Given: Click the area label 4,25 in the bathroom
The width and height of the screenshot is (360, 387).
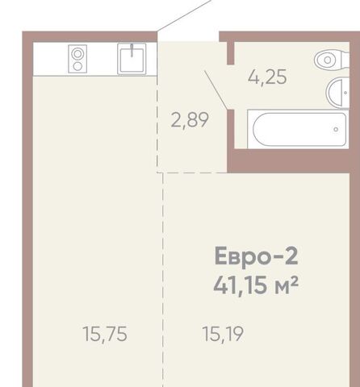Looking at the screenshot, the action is point(267,77).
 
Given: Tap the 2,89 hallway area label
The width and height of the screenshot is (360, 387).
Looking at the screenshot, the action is point(190,120).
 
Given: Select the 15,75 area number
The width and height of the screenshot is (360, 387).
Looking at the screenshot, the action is point(105,335).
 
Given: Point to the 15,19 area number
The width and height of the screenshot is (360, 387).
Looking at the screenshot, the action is point(223,334).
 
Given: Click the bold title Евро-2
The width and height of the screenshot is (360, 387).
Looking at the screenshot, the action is point(256,256).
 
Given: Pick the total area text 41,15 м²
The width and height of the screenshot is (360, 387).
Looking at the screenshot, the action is point(256,285).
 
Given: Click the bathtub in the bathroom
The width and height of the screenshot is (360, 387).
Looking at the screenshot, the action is point(298,129).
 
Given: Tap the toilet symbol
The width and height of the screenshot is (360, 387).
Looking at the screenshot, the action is point(332,60).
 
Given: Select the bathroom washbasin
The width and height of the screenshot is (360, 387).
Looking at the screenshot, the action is point(337,93).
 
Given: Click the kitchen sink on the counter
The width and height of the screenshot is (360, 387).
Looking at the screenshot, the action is point(132,59).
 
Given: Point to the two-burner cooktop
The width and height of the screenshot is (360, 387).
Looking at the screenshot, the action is point(77,59).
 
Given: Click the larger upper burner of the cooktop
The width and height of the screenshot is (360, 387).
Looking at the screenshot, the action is point(77,54).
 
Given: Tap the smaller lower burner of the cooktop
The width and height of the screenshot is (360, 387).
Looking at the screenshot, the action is point(77,66).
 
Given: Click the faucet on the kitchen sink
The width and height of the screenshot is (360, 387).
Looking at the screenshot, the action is point(132,50).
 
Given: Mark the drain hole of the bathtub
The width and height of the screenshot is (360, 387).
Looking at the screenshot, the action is point(336,129).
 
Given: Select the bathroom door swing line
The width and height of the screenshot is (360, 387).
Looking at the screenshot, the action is point(216,89).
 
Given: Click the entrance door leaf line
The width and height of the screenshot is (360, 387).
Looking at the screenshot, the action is point(183,15).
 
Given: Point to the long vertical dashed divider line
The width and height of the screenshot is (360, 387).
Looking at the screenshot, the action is point(163,280).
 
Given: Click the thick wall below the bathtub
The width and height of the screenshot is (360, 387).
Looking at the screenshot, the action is point(288,160).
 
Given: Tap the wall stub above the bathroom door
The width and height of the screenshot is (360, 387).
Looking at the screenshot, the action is point(230,53).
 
